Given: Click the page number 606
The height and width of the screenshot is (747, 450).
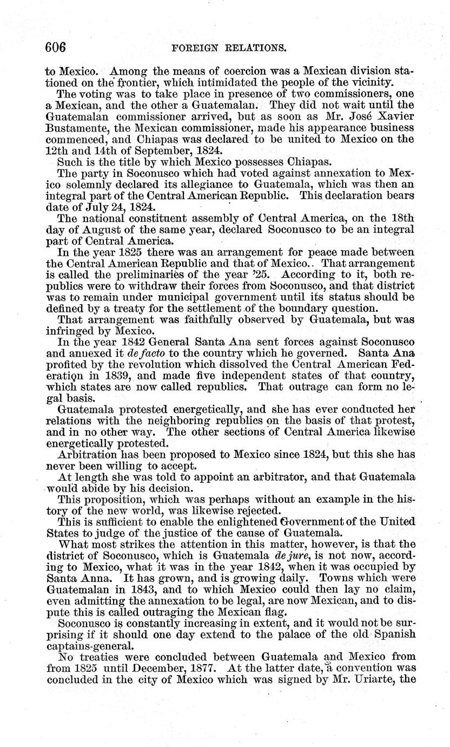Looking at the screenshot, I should click(56, 47).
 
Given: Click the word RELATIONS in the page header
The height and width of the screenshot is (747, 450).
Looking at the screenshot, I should click(254, 48).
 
